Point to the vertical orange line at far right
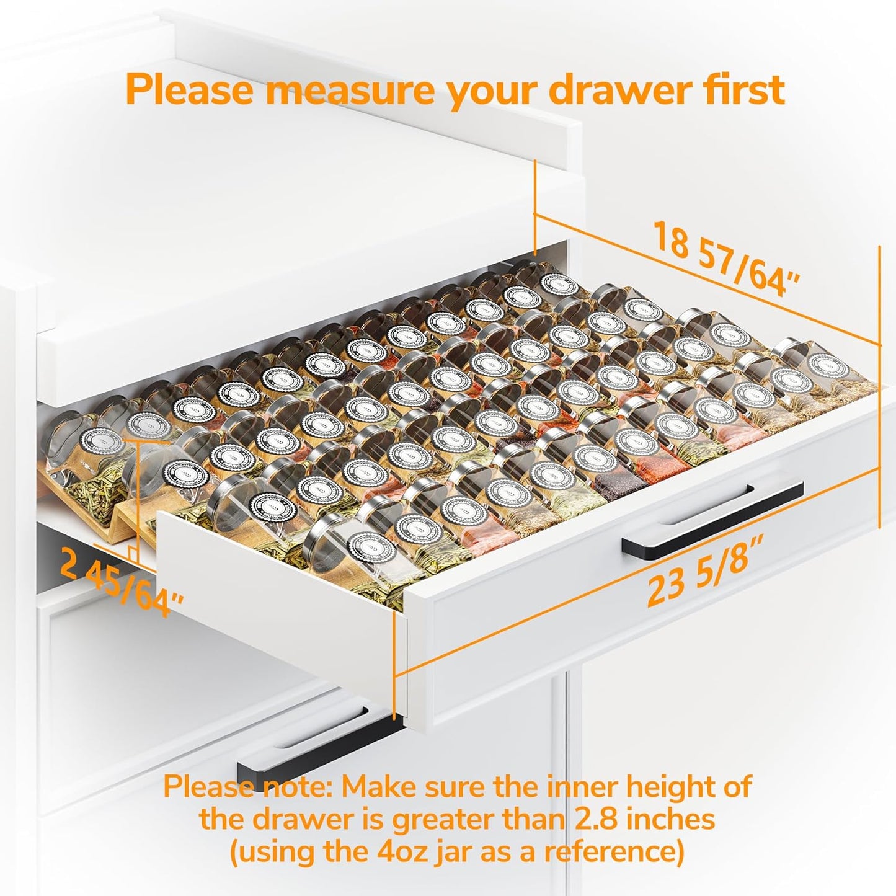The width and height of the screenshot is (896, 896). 880,384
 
